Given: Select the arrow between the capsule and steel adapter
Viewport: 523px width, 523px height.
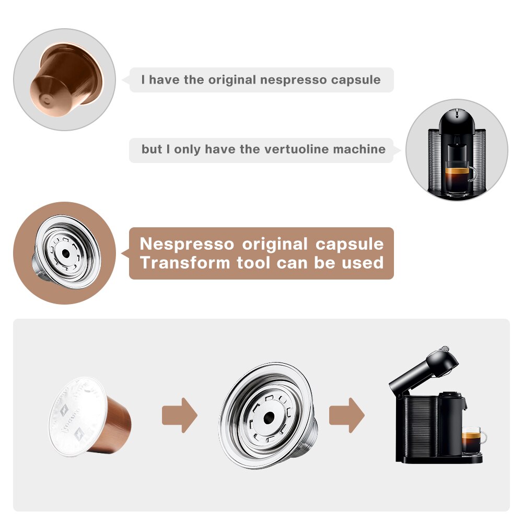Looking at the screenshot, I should click(179, 415).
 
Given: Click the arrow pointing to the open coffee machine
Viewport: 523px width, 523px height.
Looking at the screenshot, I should click(346, 415).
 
